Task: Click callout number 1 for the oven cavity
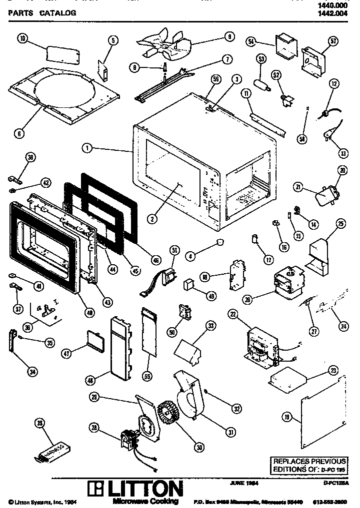pos(87,148)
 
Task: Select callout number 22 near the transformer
pos(232,314)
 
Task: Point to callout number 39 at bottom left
pos(40,424)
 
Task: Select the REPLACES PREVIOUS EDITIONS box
pos(308,466)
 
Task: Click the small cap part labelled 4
pos(217,243)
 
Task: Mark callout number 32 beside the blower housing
pos(235,407)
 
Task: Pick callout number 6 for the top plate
pos(19,133)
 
